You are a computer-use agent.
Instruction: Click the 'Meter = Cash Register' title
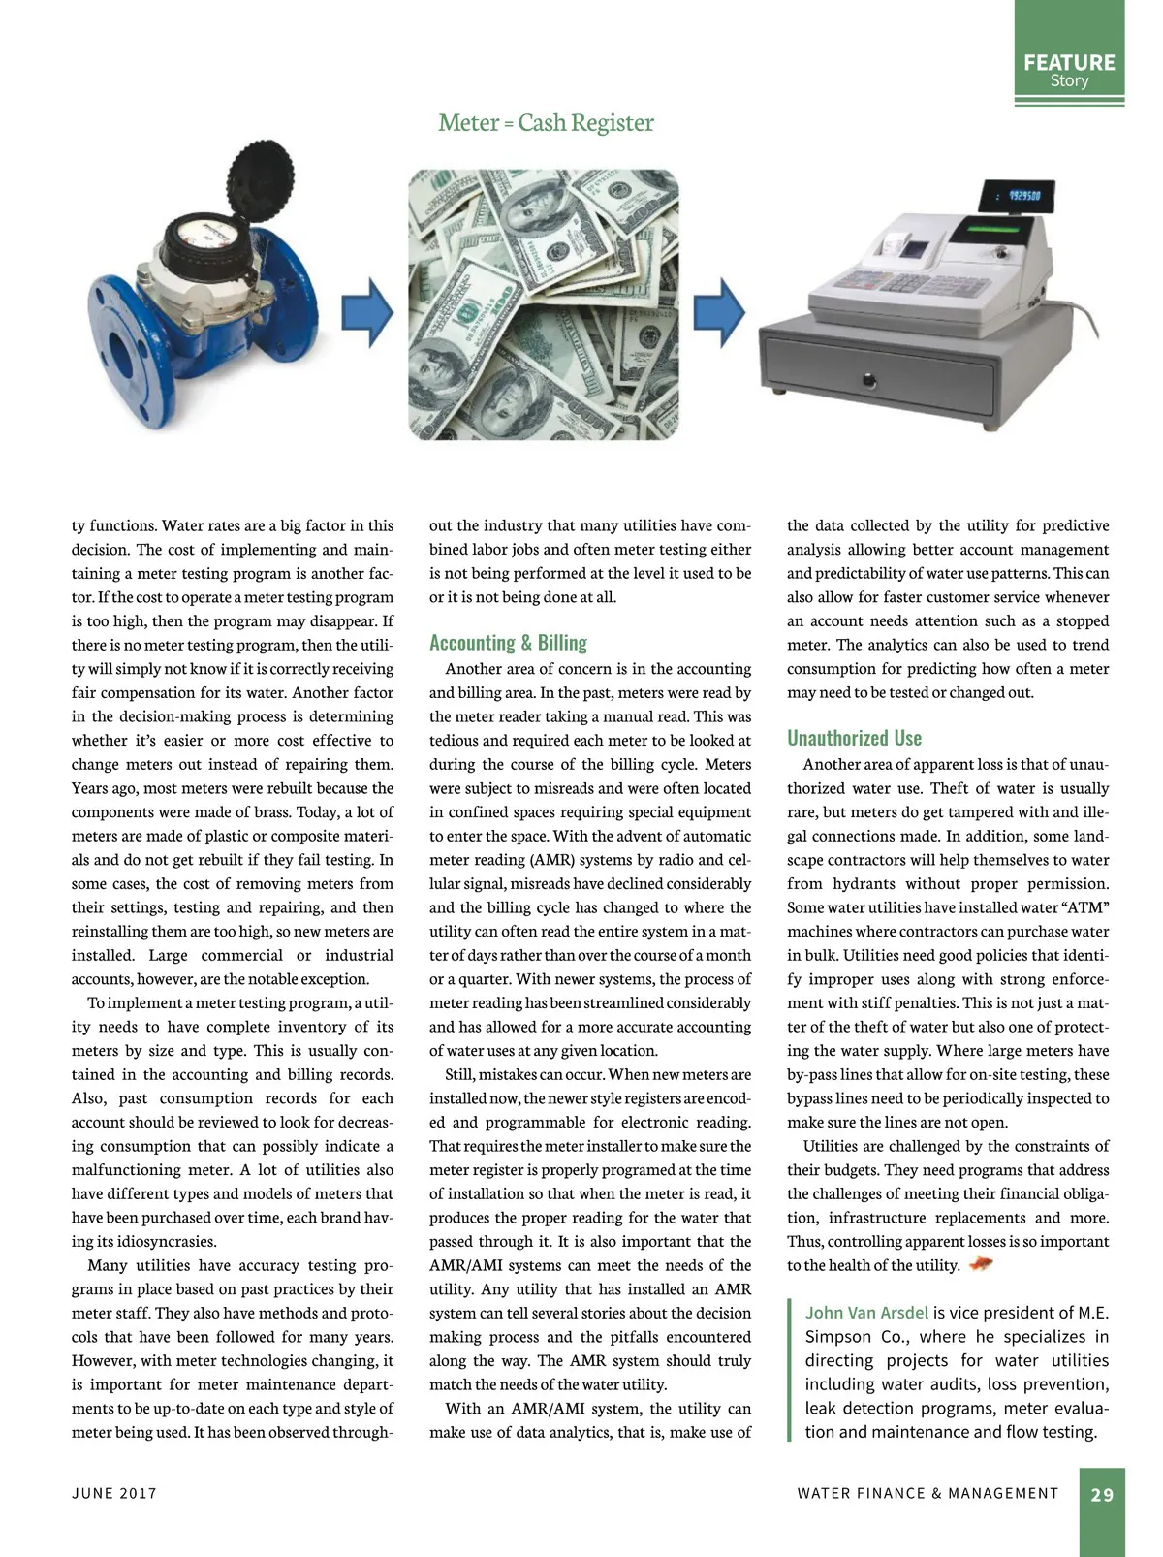click(x=546, y=123)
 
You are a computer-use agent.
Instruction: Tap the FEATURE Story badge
click(x=1069, y=69)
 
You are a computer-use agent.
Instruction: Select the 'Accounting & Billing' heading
click(x=508, y=643)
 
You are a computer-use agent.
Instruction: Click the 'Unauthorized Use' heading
click(x=854, y=738)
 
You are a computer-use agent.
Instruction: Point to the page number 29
click(x=1102, y=1494)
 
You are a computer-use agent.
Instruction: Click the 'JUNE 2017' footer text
click(x=114, y=1493)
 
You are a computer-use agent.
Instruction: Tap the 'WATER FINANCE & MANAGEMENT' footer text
click(x=927, y=1493)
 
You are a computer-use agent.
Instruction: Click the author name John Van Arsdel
click(x=866, y=1313)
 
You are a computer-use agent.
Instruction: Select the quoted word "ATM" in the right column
click(x=1085, y=907)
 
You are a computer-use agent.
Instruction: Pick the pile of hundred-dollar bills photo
click(x=543, y=304)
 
